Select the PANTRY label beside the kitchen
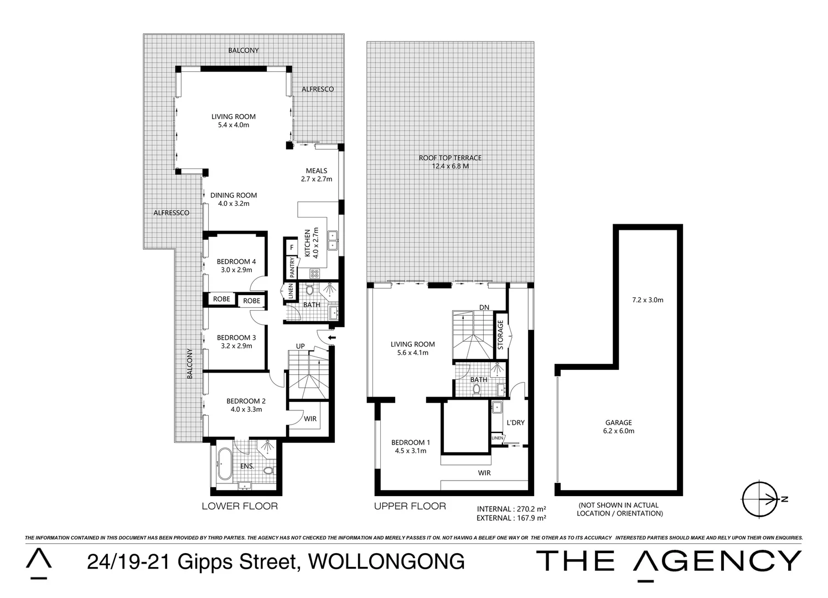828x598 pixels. click(291, 267)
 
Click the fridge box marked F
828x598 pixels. click(291, 247)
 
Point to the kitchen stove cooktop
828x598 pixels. click(314, 272)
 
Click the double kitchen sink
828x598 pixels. click(333, 239)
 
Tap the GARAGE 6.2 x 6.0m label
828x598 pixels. click(618, 426)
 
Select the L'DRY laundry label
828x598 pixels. click(515, 423)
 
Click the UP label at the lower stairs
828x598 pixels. click(301, 347)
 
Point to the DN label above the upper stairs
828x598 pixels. click(484, 307)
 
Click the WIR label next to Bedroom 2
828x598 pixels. click(310, 419)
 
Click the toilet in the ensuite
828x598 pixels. click(268, 471)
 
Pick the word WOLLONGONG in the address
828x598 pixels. click(385, 562)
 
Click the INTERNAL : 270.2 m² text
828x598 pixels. click(511, 508)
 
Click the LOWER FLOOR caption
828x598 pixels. click(240, 506)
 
